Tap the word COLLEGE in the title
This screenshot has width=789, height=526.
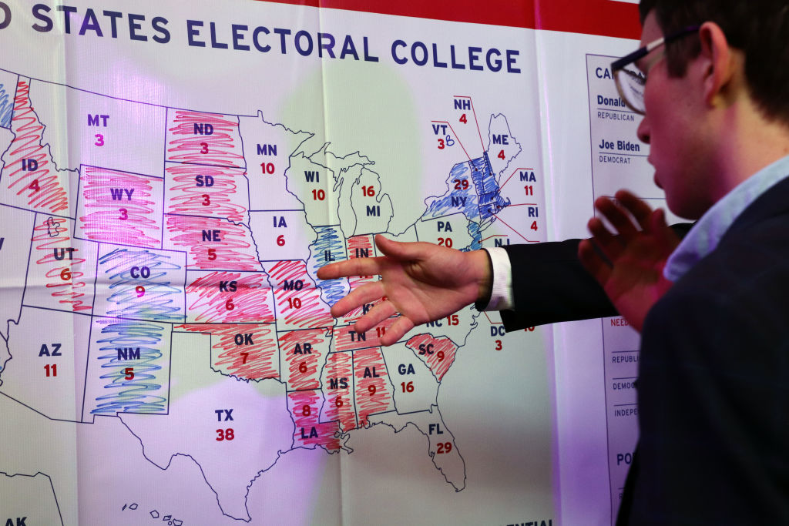(x=455, y=55)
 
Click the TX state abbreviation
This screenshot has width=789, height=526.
(x=224, y=416)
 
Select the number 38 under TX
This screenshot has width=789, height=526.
(x=225, y=434)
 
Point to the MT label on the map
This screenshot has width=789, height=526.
(x=98, y=121)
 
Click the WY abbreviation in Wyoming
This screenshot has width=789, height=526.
(x=122, y=195)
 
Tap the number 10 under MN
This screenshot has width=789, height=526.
(x=267, y=168)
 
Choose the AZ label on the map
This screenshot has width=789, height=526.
(x=50, y=350)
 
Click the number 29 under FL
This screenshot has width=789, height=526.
(x=444, y=447)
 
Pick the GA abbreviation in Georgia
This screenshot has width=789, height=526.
(x=406, y=369)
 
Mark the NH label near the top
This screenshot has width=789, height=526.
(x=462, y=105)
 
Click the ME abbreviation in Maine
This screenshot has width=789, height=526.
(x=500, y=139)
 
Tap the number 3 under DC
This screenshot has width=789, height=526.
(x=498, y=345)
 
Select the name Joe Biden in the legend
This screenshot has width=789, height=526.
(x=621, y=145)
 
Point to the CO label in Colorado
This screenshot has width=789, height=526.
(x=139, y=273)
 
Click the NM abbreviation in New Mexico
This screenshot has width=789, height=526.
(x=129, y=354)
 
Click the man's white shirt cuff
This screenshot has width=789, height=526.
(x=499, y=278)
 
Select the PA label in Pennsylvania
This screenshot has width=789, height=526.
(x=445, y=227)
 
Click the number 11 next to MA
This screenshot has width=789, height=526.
(x=529, y=191)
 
